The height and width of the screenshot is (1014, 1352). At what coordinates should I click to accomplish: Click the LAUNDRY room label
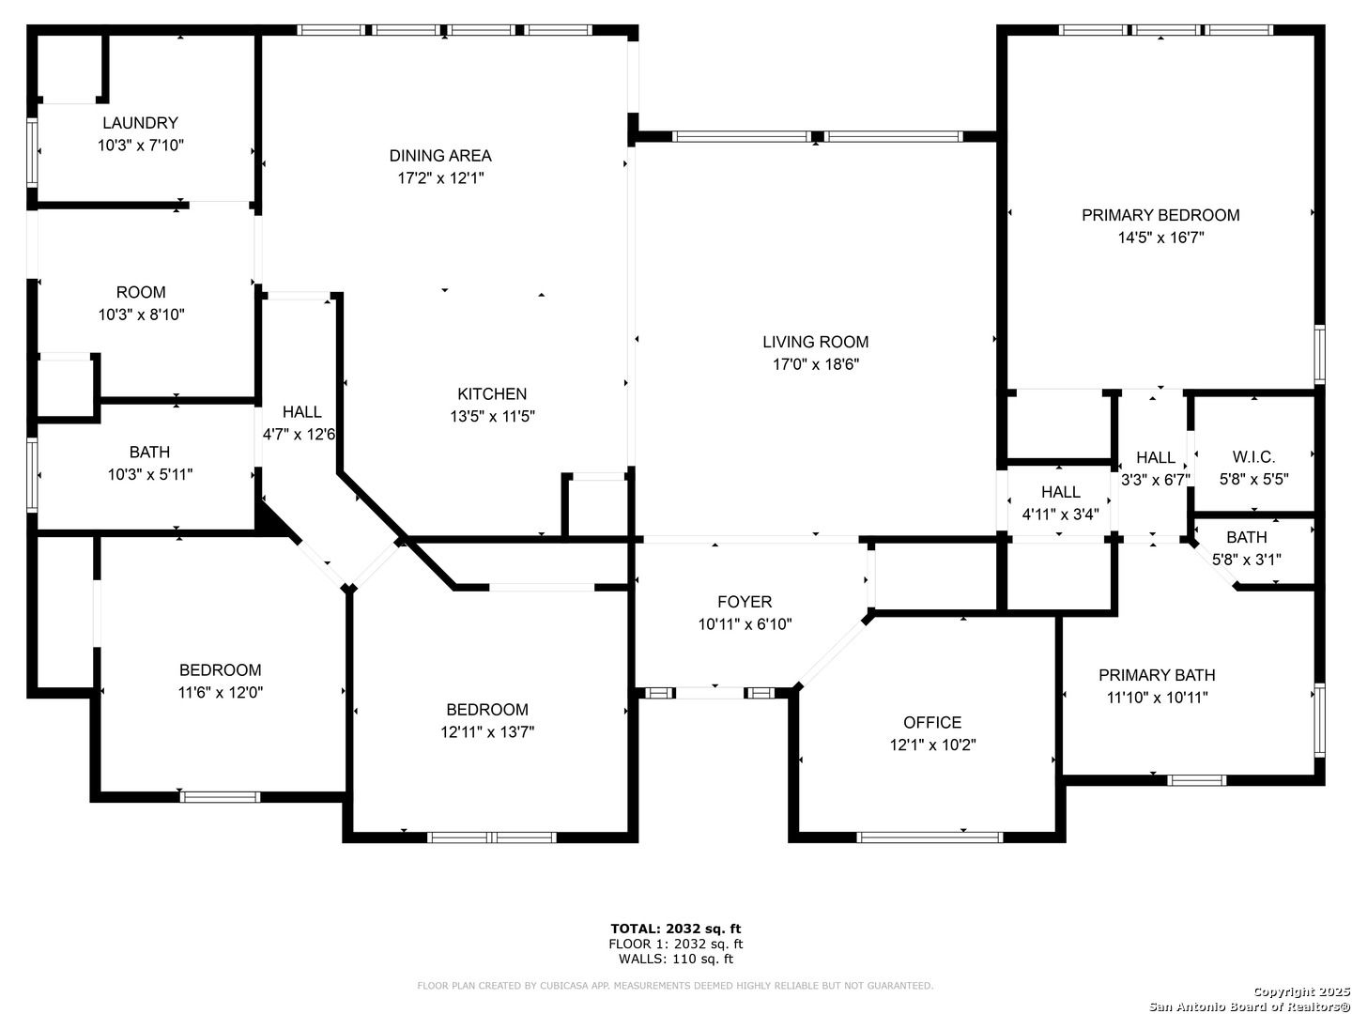coord(141,122)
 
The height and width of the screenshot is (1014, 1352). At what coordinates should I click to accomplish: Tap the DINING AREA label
coord(440,155)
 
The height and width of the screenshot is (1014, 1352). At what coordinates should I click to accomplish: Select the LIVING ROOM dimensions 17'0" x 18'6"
coord(816,364)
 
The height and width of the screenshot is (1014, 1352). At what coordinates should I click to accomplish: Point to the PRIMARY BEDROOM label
coord(1160,215)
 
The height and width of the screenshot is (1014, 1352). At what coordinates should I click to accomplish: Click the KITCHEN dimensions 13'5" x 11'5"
coord(492,416)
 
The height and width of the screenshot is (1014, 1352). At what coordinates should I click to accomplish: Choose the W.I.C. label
coord(1253,457)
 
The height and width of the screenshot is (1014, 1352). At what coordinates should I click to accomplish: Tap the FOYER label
coord(745,602)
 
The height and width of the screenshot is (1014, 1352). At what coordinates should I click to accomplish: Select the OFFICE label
coord(932,722)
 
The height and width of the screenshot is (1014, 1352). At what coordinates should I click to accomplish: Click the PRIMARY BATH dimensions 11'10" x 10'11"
coord(1157,698)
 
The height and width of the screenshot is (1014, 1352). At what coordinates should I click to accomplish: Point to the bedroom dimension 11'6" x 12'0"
coord(221,693)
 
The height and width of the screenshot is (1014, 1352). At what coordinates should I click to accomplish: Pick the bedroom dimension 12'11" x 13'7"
coord(487,732)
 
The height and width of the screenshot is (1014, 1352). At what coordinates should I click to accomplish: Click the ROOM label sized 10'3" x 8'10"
coord(141,292)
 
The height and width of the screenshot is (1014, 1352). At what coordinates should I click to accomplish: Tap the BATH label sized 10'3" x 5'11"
coord(149,452)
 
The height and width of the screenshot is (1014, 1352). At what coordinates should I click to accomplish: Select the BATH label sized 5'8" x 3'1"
coord(1247,537)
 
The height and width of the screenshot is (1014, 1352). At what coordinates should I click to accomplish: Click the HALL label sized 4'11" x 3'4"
coord(1061,492)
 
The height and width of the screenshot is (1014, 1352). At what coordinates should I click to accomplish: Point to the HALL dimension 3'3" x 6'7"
coord(1155,480)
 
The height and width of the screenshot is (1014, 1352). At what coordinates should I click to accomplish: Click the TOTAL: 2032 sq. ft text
coord(676,929)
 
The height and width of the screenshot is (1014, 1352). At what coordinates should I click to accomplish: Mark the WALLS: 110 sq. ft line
coord(676,959)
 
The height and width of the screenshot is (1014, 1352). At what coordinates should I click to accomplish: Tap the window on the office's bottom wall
coord(929,837)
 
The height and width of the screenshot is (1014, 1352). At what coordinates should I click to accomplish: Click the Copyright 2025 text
coord(1297,991)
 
